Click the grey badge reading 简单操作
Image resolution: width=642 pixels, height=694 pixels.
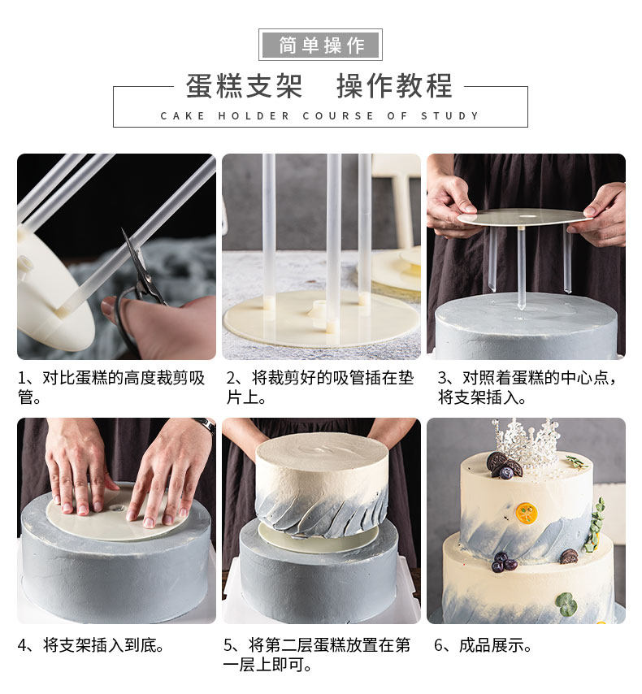click(x=320, y=45)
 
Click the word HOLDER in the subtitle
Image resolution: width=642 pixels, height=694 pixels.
click(x=254, y=116)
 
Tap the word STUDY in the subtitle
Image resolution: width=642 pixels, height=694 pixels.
click(x=450, y=116)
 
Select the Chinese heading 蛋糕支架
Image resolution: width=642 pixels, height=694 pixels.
click(x=244, y=86)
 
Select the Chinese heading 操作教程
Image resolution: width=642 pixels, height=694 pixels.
click(x=394, y=86)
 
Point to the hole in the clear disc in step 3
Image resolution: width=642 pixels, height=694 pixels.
click(x=527, y=216)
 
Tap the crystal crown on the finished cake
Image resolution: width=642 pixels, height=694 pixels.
click(x=526, y=443)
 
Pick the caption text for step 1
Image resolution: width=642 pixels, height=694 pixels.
click(x=111, y=388)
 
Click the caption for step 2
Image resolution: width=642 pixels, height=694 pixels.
click(x=319, y=388)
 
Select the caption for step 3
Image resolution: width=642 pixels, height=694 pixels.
click(x=527, y=388)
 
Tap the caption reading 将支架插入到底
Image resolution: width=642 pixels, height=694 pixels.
click(x=91, y=645)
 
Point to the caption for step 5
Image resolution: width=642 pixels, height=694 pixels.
click(x=317, y=655)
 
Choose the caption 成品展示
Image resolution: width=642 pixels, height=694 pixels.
click(x=483, y=645)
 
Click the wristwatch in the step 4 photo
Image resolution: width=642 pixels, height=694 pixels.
click(x=206, y=424)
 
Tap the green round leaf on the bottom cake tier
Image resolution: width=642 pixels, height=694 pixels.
click(x=566, y=604)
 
